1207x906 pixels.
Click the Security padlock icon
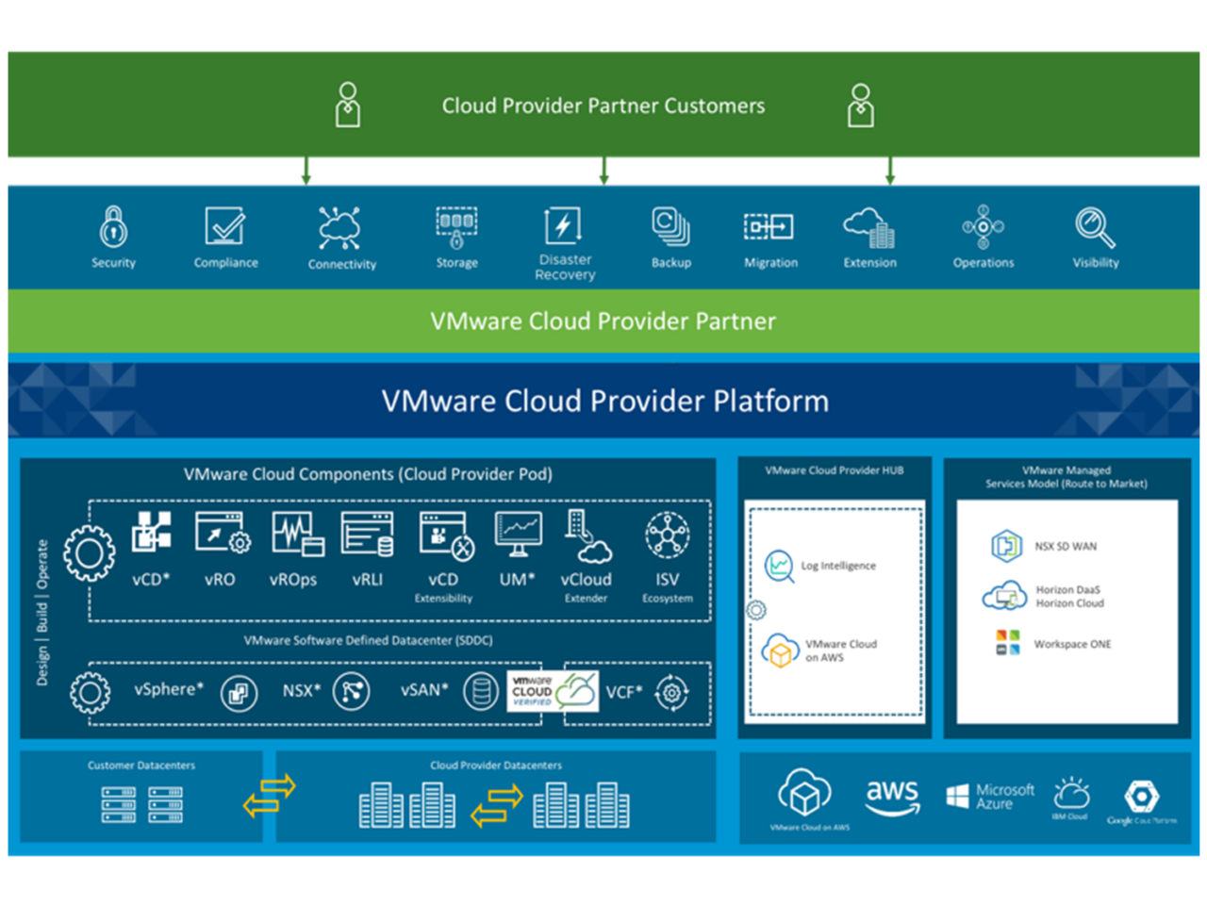click(113, 227)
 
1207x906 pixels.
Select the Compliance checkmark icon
click(225, 226)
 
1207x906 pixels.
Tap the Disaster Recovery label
click(565, 267)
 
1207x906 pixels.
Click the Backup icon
click(670, 227)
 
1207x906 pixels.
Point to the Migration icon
click(769, 227)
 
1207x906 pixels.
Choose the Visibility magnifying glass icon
click(1095, 227)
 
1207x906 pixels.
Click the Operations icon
click(983, 227)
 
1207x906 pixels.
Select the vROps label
click(293, 580)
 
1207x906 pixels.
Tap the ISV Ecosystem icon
click(667, 535)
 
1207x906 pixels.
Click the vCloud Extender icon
click(587, 535)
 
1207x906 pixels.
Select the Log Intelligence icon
click(779, 566)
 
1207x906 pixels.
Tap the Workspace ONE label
click(1072, 644)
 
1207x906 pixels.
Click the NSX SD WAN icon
click(1006, 546)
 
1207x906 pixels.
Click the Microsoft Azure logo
click(990, 797)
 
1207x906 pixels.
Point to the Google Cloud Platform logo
click(1141, 799)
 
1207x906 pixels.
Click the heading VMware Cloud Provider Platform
click(604, 402)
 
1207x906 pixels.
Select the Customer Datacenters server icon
click(141, 805)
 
